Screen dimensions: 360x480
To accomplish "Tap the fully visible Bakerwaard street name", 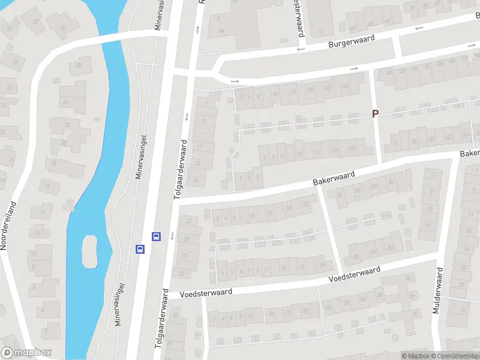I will [334, 178].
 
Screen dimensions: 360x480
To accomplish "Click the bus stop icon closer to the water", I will [140, 249].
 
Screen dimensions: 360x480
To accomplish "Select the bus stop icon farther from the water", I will [157, 236].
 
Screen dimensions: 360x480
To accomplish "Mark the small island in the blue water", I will [89, 251].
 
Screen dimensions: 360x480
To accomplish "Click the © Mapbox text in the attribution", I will [415, 356].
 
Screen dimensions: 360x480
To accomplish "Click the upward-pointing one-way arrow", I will [197, 29].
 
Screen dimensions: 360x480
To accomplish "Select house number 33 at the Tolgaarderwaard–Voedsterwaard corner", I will [182, 274].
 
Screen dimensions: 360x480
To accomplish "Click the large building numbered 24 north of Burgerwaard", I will [222, 30].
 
